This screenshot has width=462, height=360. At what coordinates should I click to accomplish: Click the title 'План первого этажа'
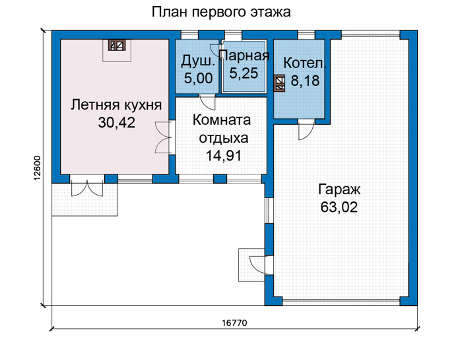tap(221, 13)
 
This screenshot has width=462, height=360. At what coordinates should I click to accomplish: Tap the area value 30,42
tap(117, 123)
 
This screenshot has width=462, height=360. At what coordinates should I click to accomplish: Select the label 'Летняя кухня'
tap(116, 105)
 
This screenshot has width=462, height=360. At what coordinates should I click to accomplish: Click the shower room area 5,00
tap(198, 79)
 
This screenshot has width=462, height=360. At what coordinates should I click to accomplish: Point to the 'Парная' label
tap(245, 55)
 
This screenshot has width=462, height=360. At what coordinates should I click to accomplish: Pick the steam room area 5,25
tap(244, 73)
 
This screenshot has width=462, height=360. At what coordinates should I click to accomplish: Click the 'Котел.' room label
tap(305, 63)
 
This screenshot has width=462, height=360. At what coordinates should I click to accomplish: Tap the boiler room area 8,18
tap(305, 81)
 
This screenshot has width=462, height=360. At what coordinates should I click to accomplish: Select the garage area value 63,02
tap(339, 207)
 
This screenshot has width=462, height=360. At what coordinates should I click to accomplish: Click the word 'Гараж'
tap(339, 190)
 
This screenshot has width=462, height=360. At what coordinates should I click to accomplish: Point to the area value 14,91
tap(224, 156)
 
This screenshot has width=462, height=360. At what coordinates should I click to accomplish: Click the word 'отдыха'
tap(224, 138)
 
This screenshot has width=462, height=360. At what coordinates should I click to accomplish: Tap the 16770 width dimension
tap(234, 323)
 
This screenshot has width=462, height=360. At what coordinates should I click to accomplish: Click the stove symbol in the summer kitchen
tap(117, 45)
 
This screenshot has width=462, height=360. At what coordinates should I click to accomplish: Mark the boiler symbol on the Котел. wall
tap(279, 83)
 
